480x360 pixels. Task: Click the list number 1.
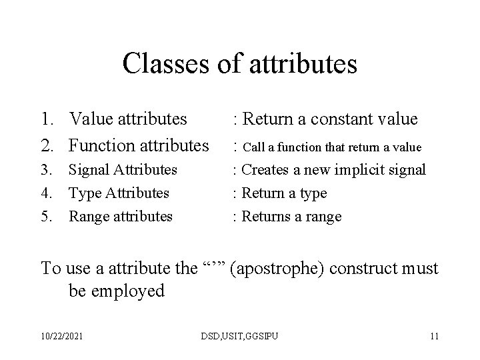point(47,119)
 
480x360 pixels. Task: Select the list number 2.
point(47,144)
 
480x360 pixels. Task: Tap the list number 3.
point(47,170)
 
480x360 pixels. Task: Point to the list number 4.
point(47,193)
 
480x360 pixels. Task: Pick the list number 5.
point(47,217)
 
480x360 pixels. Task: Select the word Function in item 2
point(102,144)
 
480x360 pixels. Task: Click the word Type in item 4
point(84,193)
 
